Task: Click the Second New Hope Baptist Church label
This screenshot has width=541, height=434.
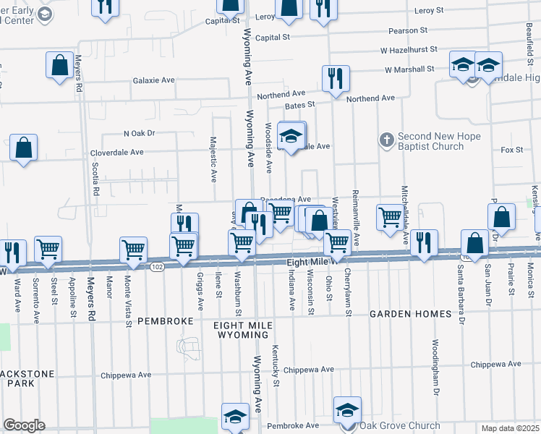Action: tap(430, 141)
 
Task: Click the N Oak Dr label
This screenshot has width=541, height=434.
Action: tap(140, 133)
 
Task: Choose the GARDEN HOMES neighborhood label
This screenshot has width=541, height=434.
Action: tap(411, 314)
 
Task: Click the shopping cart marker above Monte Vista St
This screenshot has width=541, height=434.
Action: tap(134, 250)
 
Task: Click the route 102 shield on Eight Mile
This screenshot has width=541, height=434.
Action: tap(157, 267)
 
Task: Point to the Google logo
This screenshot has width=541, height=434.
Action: tap(24, 425)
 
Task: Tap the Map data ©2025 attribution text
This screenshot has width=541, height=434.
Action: tap(509, 428)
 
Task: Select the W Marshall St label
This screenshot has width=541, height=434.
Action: tap(409, 69)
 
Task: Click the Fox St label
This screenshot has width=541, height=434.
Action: tap(511, 150)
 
